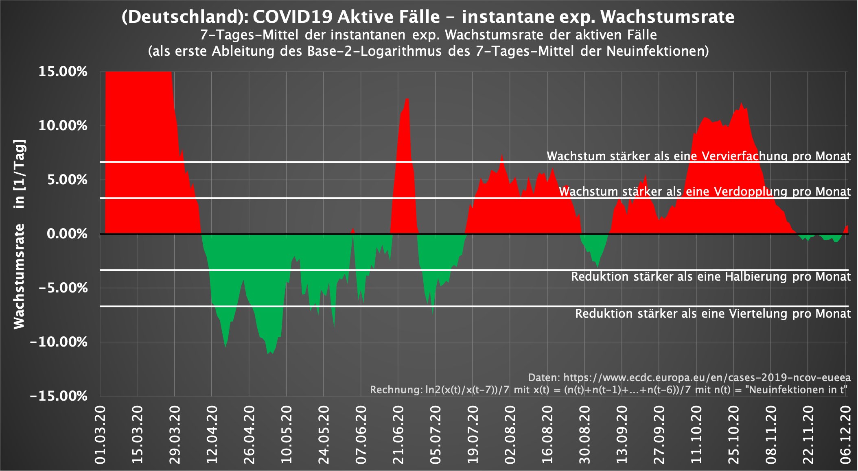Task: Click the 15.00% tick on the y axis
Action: (63, 72)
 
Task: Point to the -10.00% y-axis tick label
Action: (59, 342)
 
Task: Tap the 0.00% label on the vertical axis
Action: (67, 234)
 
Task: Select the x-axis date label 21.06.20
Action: (398, 434)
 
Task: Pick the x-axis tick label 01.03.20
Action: (100, 434)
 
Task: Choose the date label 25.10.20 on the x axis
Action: (733, 434)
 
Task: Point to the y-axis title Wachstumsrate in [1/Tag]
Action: (19, 234)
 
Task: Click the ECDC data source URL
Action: (707, 377)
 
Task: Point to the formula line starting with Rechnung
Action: (608, 390)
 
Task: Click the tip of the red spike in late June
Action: (407, 99)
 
